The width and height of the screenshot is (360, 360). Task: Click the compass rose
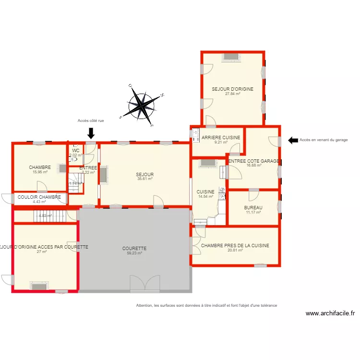pos(143,104)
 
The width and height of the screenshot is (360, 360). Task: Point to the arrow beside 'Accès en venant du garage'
pos(292,140)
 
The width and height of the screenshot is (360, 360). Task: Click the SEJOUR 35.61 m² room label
pos(144,174)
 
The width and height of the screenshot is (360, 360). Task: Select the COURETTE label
pos(134,249)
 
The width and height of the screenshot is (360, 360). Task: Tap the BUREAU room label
pos(253,207)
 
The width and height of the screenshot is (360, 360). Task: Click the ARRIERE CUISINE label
pos(221,138)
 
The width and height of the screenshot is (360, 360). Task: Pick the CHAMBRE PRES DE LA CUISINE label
pos(235,245)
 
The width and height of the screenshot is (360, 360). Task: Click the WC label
pos(76,150)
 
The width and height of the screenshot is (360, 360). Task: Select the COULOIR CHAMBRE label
pos(39,197)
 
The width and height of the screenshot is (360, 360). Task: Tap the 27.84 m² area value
pos(233,94)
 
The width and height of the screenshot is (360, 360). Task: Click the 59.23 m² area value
pos(134,253)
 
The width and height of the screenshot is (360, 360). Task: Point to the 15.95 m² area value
pos(40,172)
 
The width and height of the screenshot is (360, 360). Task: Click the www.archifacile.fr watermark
pos(330,313)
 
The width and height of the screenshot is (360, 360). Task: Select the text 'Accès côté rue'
pos(91,121)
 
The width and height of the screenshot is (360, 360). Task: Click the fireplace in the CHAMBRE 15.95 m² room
pos(62,168)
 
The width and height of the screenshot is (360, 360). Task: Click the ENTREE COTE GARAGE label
pos(253,161)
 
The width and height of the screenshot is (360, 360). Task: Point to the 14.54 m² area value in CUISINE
pos(205,196)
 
